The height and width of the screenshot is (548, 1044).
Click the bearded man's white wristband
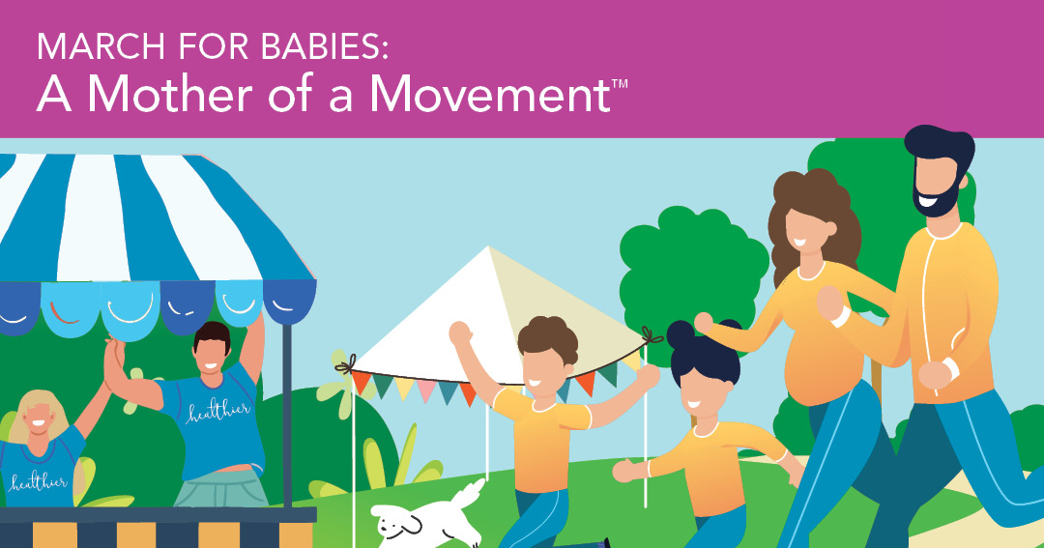click(952, 367)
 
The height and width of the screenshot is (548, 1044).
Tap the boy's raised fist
click(458, 333)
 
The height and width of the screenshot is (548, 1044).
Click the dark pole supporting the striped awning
click(287, 416)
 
